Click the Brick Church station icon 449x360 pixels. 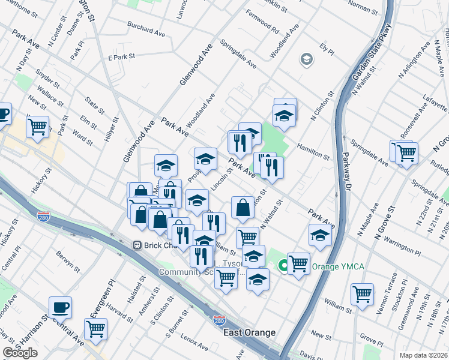click(137, 245)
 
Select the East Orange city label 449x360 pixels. click(249, 332)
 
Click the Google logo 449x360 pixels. click(20, 353)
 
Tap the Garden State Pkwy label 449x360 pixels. click(371, 54)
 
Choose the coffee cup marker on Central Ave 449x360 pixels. click(60, 307)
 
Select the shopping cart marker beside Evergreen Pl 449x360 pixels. click(95, 328)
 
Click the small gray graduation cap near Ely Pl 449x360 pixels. click(306, 59)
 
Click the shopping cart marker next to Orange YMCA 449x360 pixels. click(298, 263)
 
